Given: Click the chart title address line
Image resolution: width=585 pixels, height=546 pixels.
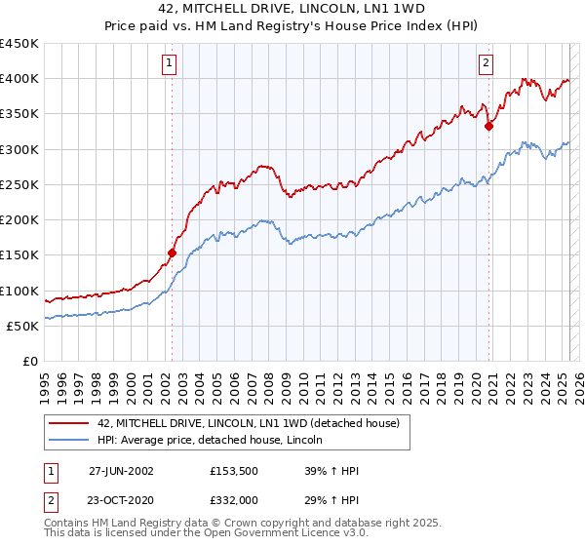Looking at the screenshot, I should point(292,9).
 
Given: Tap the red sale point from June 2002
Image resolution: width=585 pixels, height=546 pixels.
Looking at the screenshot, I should point(173,253).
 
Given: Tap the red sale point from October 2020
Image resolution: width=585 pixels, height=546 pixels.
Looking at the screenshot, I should point(489,126).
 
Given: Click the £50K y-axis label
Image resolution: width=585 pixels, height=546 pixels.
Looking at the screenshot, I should point(23,326).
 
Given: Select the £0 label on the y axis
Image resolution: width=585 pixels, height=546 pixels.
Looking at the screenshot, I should point(29,361).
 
